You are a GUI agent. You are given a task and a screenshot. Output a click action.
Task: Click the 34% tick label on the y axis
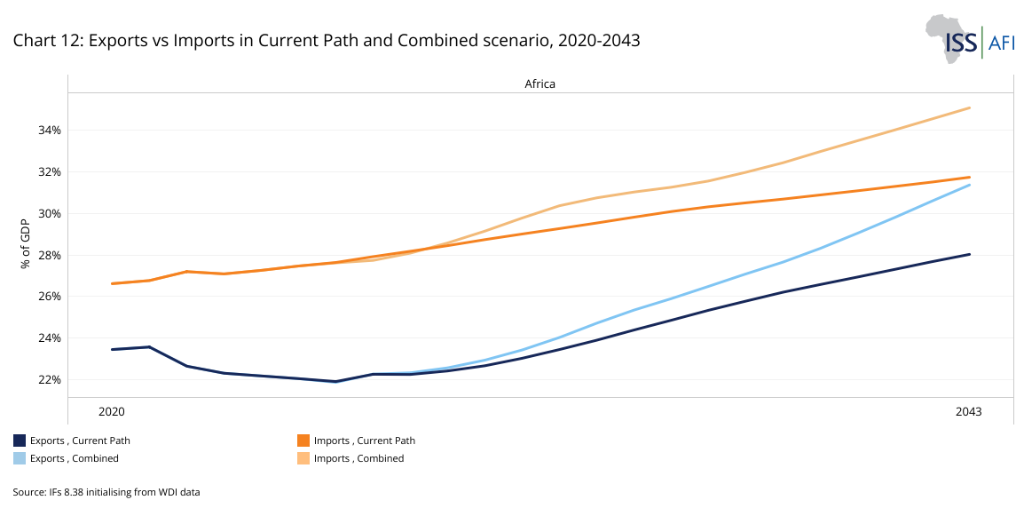pyautogui.click(x=50, y=131)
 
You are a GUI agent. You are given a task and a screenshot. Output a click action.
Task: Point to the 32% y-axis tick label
pyautogui.click(x=50, y=171)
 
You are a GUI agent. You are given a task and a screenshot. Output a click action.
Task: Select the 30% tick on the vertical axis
pyautogui.click(x=50, y=213)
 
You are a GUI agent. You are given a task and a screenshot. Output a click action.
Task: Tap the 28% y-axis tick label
pyautogui.click(x=50, y=255)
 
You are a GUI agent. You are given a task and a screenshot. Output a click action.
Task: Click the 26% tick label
pyautogui.click(x=50, y=296)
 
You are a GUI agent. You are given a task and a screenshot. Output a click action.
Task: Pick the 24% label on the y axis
pyautogui.click(x=50, y=337)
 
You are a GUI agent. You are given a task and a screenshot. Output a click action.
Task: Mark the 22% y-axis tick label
pyautogui.click(x=50, y=379)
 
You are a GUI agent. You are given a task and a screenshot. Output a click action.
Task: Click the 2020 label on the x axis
pyautogui.click(x=112, y=411)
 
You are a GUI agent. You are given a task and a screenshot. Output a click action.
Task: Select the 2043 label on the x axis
pyautogui.click(x=969, y=411)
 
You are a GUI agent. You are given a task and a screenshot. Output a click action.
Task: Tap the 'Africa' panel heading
pyautogui.click(x=540, y=83)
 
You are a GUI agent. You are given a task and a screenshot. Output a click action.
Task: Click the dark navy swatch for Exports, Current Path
pyautogui.click(x=20, y=441)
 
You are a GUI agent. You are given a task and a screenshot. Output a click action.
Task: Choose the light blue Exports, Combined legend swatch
pyautogui.click(x=20, y=458)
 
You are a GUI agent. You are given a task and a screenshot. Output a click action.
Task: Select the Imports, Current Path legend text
pyautogui.click(x=364, y=441)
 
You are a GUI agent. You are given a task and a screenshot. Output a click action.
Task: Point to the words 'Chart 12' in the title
pyautogui.click(x=43, y=40)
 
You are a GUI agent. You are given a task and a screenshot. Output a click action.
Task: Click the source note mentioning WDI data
pyautogui.click(x=106, y=491)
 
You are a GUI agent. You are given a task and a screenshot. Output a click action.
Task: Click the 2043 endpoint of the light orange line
pyautogui.click(x=969, y=108)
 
